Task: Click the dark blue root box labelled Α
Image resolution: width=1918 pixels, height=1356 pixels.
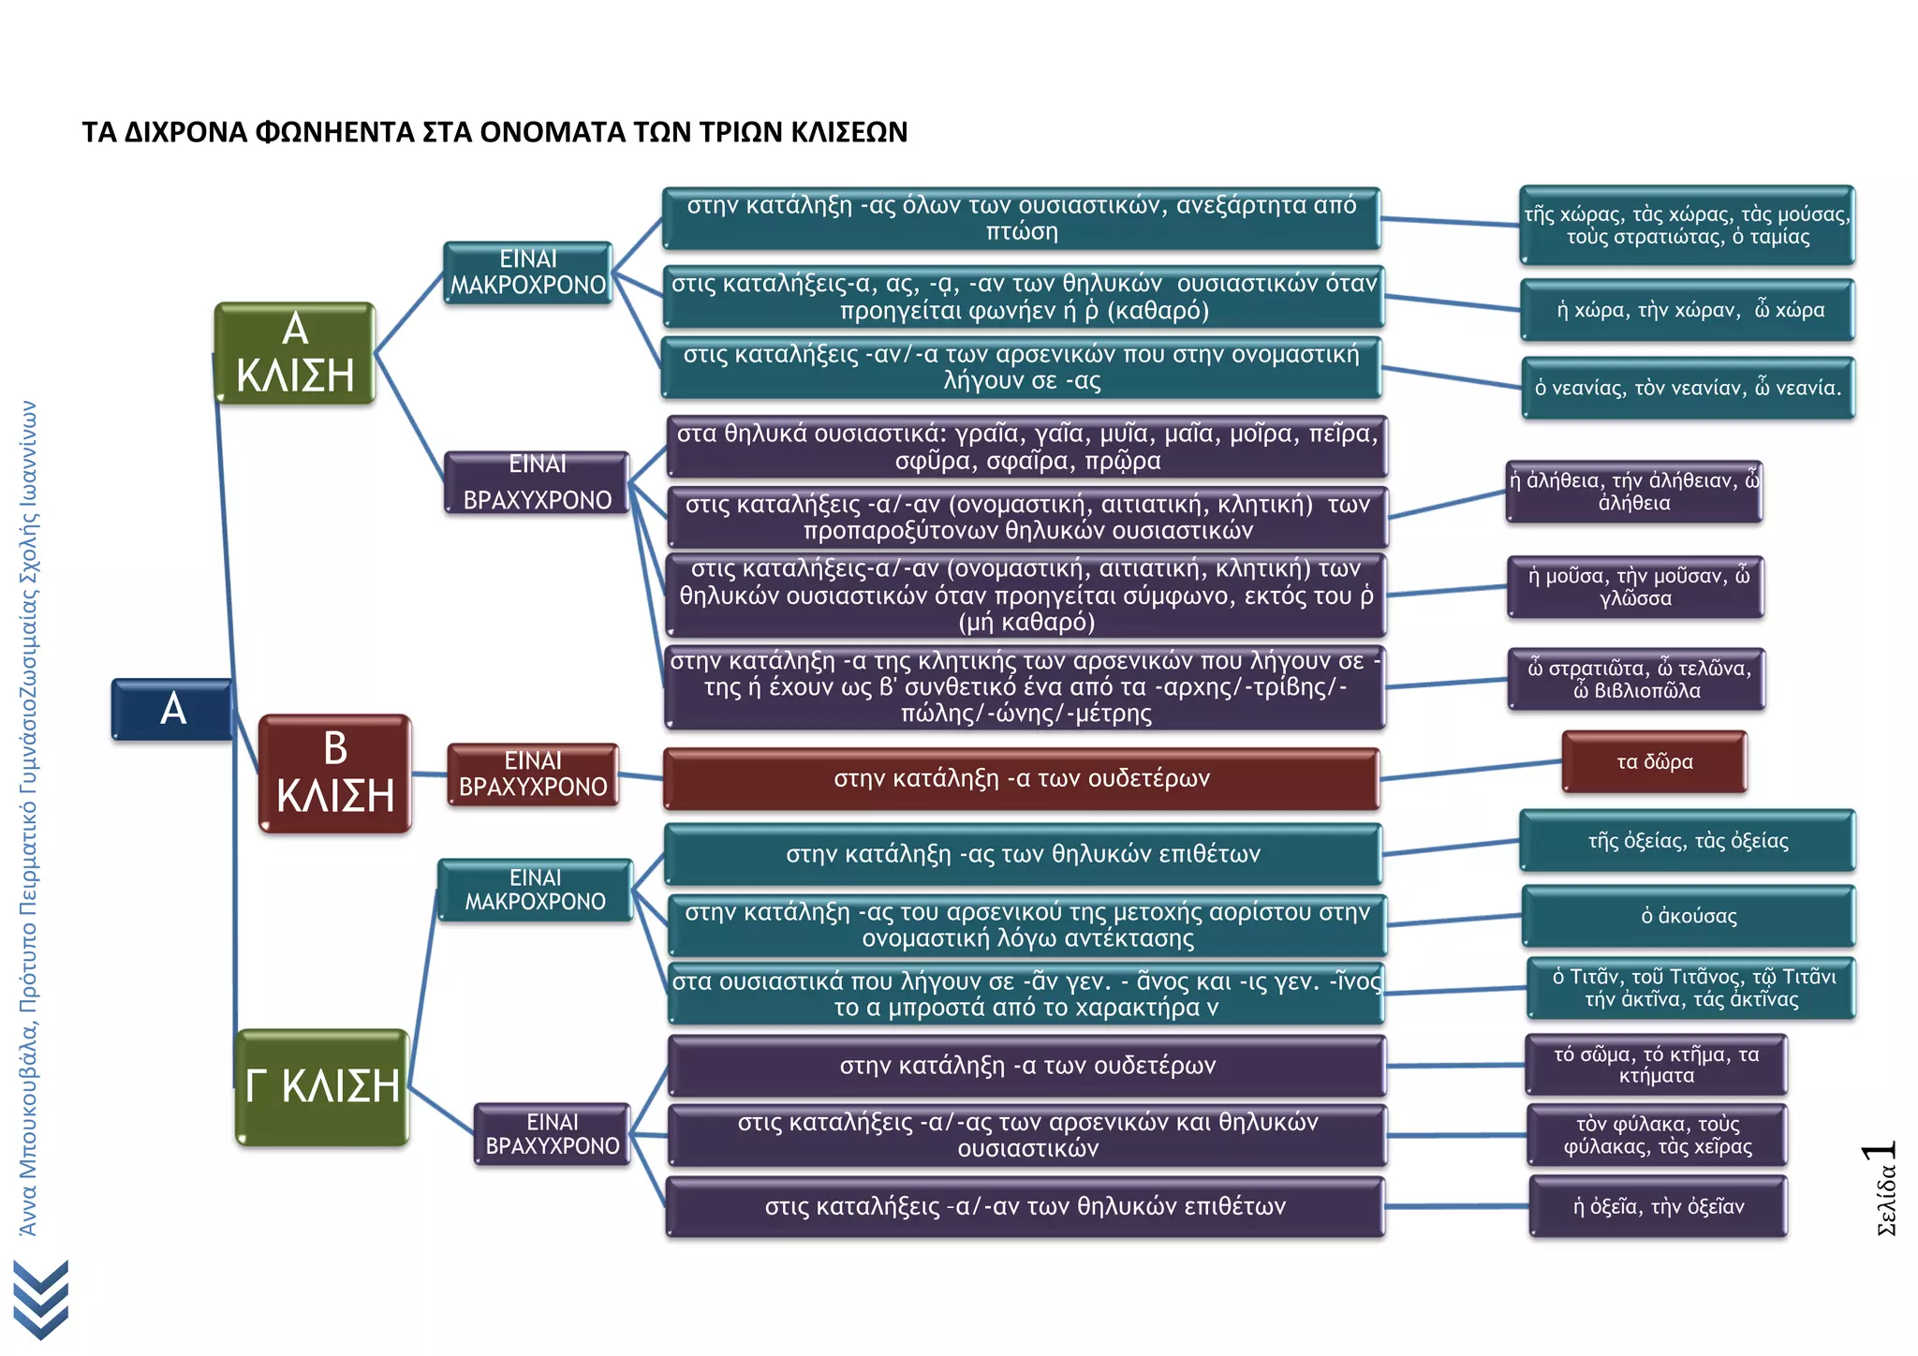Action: click(172, 709)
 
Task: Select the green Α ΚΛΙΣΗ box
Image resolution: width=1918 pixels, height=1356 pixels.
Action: click(295, 353)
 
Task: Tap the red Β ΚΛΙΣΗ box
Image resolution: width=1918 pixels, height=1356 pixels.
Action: click(335, 774)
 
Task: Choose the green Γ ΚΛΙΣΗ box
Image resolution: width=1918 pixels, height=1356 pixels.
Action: click(322, 1086)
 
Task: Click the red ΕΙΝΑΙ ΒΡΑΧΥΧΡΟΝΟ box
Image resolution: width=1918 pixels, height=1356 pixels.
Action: click(533, 774)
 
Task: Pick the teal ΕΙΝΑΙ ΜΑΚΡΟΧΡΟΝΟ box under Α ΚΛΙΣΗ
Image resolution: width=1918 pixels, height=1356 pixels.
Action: click(528, 273)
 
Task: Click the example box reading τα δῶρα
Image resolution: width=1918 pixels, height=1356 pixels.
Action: click(1654, 761)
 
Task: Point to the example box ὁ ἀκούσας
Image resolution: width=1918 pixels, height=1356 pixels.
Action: click(1688, 916)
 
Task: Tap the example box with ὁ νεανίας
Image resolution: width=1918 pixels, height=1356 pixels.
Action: click(1688, 388)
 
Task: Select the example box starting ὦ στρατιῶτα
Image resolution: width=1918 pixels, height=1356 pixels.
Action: click(1636, 679)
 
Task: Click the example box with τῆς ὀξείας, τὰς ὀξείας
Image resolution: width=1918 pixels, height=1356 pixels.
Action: click(1688, 841)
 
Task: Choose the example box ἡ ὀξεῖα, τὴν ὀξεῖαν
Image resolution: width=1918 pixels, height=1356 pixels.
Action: click(1658, 1206)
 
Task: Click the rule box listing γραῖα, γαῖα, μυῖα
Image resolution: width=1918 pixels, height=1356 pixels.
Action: click(1026, 447)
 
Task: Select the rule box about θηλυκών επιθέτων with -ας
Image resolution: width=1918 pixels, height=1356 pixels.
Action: click(1023, 854)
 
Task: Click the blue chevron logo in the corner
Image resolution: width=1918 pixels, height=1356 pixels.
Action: click(41, 1300)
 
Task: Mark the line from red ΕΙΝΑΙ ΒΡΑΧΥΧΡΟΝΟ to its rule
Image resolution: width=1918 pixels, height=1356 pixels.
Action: click(642, 776)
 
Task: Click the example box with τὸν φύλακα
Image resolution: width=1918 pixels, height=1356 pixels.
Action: click(1658, 1135)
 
